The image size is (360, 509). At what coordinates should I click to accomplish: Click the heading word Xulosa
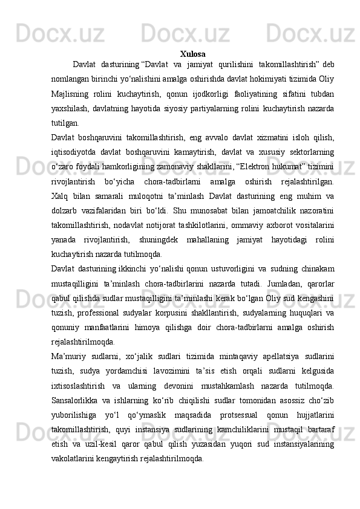tap(192, 54)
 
